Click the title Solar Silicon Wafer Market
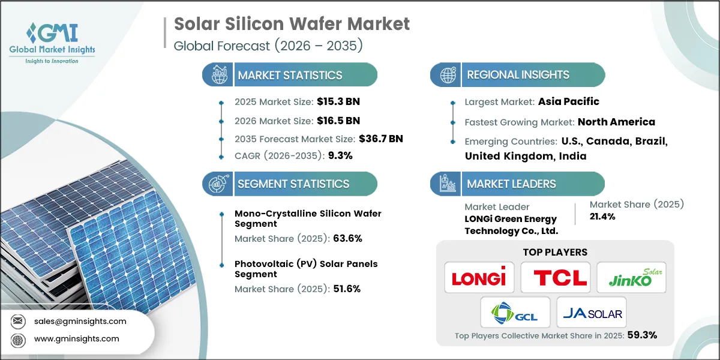[x=292, y=24]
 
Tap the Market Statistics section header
[x=290, y=75]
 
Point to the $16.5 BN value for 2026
[x=340, y=120]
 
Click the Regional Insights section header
[x=518, y=75]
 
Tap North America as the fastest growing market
[x=616, y=122]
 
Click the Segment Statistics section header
[x=293, y=184]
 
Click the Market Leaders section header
[x=511, y=184]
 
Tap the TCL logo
[x=555, y=277]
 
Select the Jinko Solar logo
[x=631, y=277]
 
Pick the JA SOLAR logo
[x=591, y=313]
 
